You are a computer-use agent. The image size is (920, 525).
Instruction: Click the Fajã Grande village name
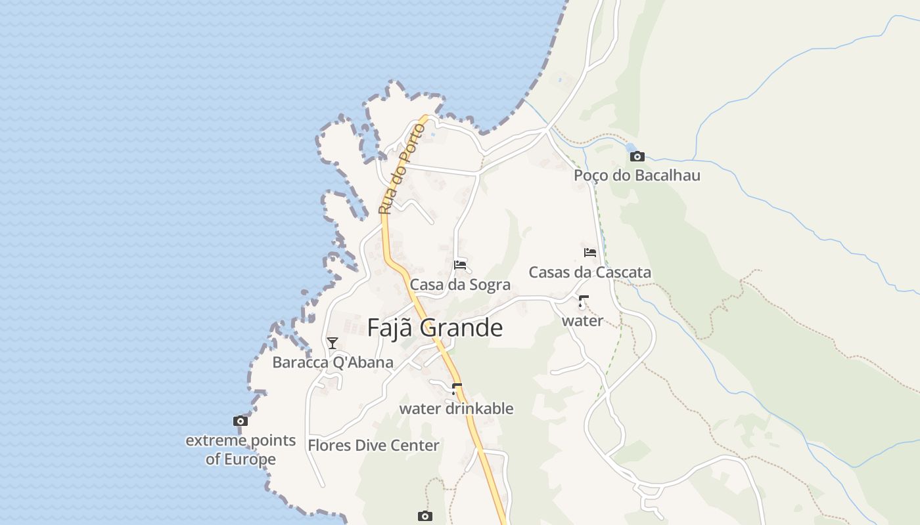pyautogui.click(x=435, y=327)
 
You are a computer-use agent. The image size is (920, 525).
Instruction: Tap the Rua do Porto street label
pyautogui.click(x=402, y=168)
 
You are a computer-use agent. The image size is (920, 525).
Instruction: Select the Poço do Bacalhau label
pyautogui.click(x=637, y=175)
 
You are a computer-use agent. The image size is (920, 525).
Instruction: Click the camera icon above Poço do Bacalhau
pyautogui.click(x=637, y=156)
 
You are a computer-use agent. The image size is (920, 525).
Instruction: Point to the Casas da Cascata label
pyautogui.click(x=590, y=272)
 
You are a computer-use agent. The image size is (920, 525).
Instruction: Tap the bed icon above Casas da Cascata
pyautogui.click(x=590, y=253)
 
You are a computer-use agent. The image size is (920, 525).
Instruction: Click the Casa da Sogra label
pyautogui.click(x=460, y=285)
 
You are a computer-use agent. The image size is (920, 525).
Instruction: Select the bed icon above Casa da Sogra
pyautogui.click(x=460, y=265)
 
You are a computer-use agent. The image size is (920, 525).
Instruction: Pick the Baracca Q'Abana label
pyautogui.click(x=333, y=362)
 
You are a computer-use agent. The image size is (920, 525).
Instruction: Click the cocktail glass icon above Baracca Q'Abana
pyautogui.click(x=333, y=343)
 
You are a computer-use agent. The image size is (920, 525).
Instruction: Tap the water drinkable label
pyautogui.click(x=456, y=408)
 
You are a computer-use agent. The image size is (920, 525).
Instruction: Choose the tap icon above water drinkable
pyautogui.click(x=457, y=389)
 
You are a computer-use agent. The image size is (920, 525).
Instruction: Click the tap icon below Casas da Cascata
pyautogui.click(x=582, y=302)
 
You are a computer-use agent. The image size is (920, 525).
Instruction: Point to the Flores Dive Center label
pyautogui.click(x=373, y=445)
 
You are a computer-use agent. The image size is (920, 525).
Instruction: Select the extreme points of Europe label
pyautogui.click(x=241, y=450)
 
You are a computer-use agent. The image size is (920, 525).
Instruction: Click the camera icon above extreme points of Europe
pyautogui.click(x=241, y=421)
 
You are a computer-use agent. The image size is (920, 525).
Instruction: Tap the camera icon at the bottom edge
pyautogui.click(x=425, y=516)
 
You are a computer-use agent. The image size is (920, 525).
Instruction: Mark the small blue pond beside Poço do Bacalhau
pyautogui.click(x=631, y=148)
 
